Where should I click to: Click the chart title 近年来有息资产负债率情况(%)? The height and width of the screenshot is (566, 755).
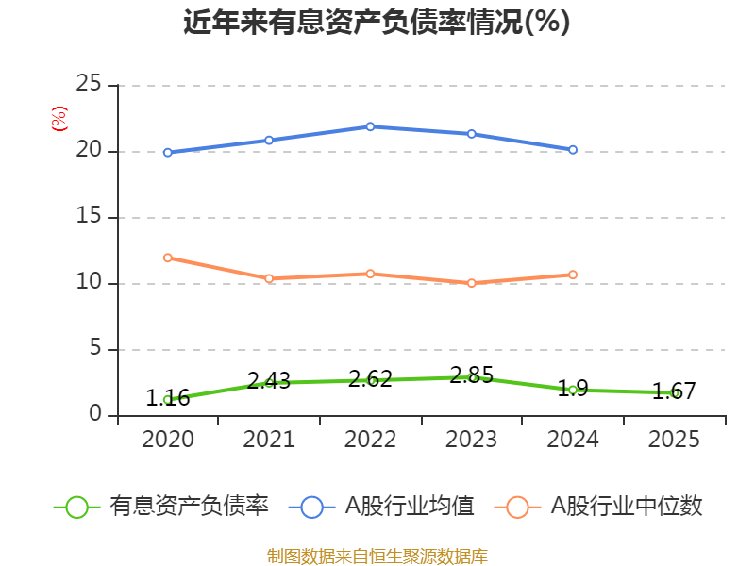tap(377, 22)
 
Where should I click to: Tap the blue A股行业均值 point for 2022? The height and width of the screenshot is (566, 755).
tap(370, 126)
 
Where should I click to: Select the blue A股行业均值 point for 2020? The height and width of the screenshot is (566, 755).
tap(167, 152)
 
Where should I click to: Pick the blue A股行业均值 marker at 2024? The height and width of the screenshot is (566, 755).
tap(573, 150)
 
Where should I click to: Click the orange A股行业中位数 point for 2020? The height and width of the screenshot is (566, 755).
tap(167, 258)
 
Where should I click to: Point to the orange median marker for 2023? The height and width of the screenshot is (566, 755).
tap(472, 283)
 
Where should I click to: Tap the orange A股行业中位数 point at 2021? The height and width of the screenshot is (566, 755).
tap(269, 278)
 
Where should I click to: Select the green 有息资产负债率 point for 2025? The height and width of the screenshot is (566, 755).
tap(675, 393)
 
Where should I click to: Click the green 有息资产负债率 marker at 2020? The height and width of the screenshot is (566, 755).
tap(167, 399)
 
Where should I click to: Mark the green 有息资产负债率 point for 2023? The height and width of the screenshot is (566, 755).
tap(472, 377)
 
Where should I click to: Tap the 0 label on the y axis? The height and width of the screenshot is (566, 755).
tap(94, 415)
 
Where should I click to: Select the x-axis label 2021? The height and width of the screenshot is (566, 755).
tap(269, 440)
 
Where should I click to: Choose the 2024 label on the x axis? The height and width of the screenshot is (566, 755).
tap(573, 440)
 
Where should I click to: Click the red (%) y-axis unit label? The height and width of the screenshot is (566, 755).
tap(59, 119)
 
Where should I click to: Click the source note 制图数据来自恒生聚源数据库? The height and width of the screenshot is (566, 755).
tap(377, 556)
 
